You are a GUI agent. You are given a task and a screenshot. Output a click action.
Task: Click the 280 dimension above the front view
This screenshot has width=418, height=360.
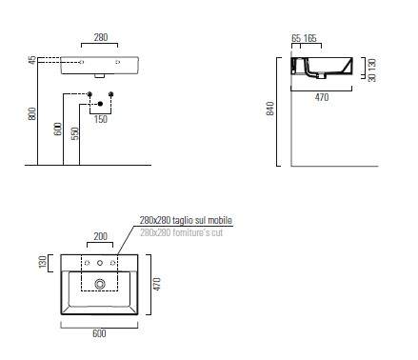point(101,37)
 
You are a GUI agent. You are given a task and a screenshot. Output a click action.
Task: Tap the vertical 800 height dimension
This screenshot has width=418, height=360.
point(32,113)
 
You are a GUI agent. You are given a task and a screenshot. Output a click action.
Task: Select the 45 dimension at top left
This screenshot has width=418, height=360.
point(32,60)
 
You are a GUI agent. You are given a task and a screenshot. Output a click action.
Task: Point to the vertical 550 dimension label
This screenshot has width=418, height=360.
point(75,133)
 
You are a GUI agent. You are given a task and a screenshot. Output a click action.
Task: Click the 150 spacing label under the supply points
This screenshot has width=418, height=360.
point(101,119)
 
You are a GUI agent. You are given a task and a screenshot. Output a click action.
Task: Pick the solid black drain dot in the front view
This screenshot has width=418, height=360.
point(100,104)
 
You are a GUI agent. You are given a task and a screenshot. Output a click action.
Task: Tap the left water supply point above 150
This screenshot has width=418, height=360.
point(90,94)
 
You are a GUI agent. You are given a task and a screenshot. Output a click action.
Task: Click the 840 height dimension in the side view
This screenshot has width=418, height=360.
point(270,109)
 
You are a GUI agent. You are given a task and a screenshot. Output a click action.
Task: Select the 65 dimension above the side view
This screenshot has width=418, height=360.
point(296,38)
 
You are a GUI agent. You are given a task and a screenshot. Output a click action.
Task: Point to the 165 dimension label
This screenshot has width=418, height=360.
point(310,38)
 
